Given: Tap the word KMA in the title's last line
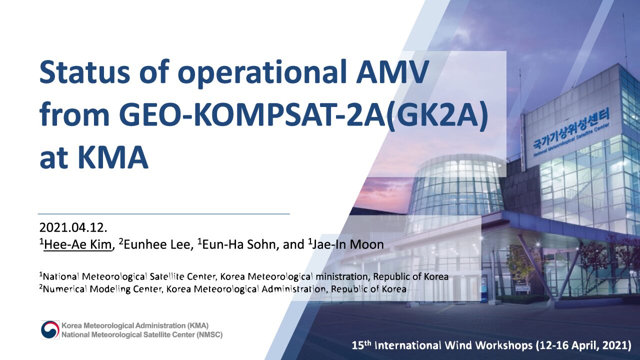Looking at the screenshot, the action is (113, 157).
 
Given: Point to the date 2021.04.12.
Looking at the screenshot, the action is (73, 227).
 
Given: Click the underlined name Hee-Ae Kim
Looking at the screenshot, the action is (77, 244).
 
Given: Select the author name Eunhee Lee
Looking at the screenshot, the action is (157, 244).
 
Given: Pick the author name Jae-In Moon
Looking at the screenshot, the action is (347, 244).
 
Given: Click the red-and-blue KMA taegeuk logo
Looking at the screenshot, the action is (50, 329).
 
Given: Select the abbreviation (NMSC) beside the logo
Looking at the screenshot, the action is (209, 334).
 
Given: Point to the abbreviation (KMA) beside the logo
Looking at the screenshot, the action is (198, 325).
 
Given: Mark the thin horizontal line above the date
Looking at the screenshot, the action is (163, 213).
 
